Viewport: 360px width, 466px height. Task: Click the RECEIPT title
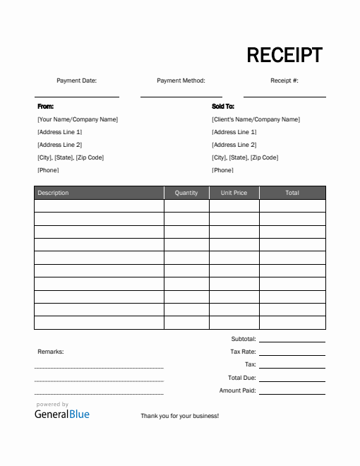point(284,55)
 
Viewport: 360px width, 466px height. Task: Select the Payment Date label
point(76,80)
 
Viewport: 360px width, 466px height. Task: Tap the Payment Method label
point(181,80)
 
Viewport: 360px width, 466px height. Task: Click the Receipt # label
point(284,80)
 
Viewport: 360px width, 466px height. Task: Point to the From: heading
point(45,107)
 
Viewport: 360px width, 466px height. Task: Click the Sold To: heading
point(223,107)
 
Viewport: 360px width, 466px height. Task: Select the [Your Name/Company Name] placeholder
point(78,119)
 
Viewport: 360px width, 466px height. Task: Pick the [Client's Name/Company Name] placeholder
point(256,119)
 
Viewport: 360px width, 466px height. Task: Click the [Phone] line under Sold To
point(223,170)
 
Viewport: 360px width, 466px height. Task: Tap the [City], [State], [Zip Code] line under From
point(71,157)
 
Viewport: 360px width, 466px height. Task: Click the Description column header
point(53,193)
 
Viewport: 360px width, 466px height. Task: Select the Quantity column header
point(186,193)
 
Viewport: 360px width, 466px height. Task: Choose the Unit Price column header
point(234,193)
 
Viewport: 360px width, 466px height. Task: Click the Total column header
point(292,193)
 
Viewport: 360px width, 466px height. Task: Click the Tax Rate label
point(243,352)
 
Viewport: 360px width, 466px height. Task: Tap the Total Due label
point(241,377)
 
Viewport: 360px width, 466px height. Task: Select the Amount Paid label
point(237,390)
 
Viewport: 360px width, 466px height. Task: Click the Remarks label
point(50,351)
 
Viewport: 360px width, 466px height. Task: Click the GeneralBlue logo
point(62,414)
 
